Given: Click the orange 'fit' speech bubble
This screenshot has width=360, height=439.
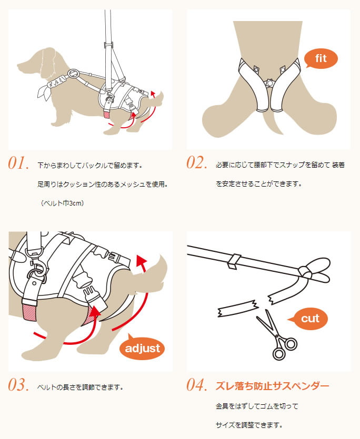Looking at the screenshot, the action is tap(321, 58).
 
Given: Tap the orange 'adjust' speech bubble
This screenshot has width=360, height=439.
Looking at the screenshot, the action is tap(142, 348).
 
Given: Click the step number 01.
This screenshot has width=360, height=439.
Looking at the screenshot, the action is tap(18, 163).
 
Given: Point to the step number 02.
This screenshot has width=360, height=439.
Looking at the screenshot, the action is tap(197, 162).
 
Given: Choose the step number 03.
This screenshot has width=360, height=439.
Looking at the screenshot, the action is tap(18, 385).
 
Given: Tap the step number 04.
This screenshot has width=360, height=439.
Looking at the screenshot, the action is tap(197, 385).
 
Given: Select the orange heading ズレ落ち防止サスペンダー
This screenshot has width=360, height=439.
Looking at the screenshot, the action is tap(272, 386).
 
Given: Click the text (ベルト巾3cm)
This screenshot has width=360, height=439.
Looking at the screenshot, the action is tap(62, 203).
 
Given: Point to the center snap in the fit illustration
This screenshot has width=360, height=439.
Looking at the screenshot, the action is tap(269, 83).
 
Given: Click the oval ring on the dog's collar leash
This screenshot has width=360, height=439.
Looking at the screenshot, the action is tap(74, 74).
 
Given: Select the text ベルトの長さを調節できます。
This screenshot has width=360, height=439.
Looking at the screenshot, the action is tap(81, 387).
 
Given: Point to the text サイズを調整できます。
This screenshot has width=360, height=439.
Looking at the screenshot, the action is tap(249, 425).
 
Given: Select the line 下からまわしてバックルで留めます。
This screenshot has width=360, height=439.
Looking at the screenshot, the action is tap(90, 166).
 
